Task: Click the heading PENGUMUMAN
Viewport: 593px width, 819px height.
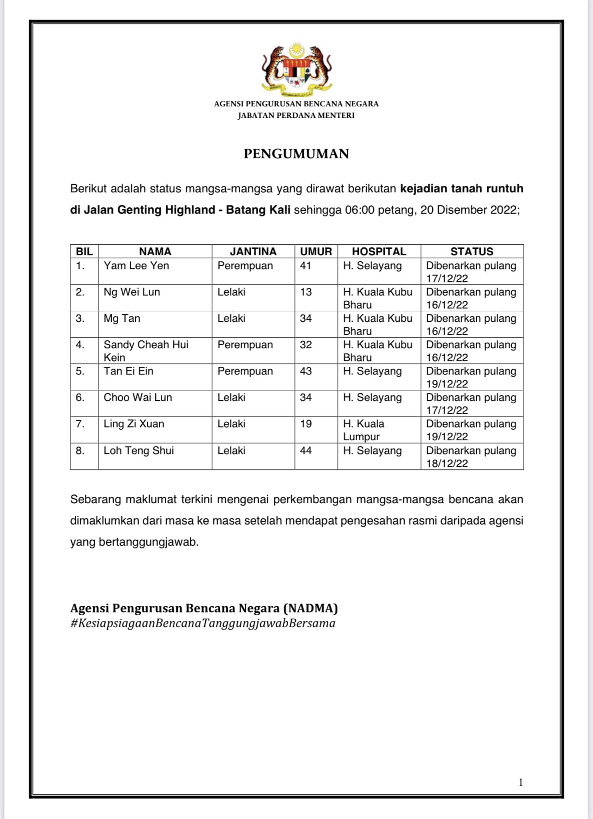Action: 296,154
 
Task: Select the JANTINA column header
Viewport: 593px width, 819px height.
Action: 253,252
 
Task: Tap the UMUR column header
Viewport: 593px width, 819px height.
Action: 316,252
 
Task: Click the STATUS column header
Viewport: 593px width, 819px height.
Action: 472,252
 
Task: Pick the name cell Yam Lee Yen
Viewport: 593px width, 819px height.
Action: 136,266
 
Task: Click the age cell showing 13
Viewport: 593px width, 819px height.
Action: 306,292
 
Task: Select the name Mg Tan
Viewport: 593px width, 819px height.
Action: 122,319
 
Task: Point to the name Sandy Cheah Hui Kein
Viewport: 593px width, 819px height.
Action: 145,351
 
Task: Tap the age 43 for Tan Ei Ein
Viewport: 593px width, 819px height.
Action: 306,371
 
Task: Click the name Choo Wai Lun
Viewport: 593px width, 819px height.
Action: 138,398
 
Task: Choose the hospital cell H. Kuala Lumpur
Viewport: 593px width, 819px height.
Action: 364,430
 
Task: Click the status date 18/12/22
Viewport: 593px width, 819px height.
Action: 447,463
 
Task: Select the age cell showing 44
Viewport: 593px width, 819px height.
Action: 306,451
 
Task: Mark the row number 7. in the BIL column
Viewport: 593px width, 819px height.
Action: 80,424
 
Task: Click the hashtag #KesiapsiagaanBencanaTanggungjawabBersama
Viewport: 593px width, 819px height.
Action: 203,623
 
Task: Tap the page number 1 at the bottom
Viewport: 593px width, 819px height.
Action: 520,782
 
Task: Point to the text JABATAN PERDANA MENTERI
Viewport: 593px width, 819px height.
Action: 296,116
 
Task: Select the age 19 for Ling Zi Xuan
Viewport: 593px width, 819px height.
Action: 306,424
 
